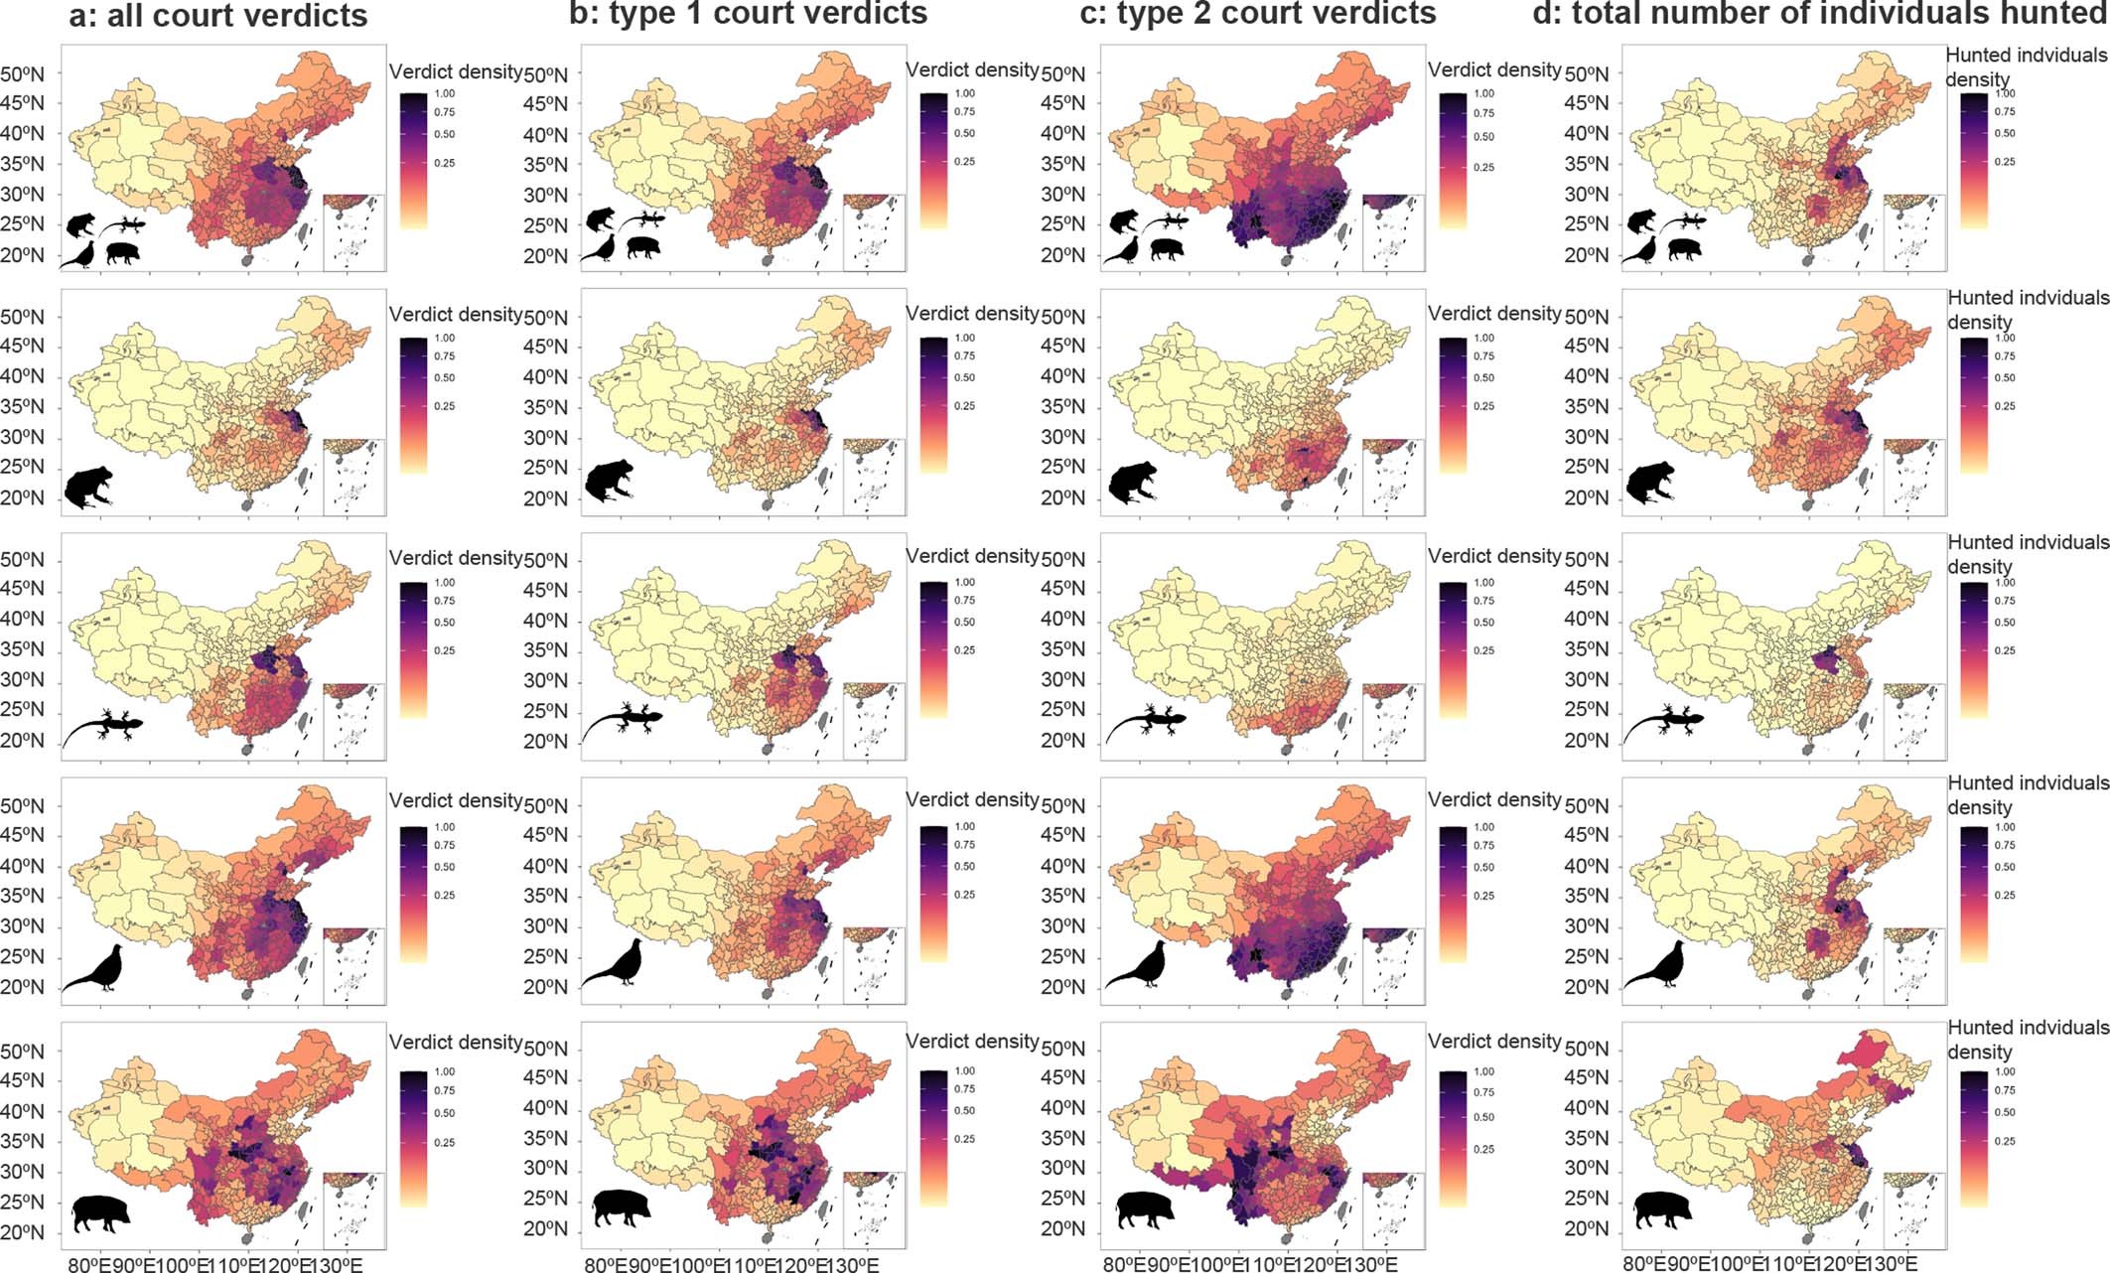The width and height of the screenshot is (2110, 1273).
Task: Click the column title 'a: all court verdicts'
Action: (218, 15)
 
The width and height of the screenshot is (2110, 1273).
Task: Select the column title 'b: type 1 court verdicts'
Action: (748, 13)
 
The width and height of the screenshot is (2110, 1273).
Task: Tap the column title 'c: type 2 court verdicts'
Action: (1257, 13)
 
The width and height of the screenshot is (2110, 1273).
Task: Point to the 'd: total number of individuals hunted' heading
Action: (1819, 13)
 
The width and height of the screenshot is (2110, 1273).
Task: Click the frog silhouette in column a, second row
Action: (88, 488)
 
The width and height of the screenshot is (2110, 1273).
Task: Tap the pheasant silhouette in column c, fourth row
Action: (1138, 965)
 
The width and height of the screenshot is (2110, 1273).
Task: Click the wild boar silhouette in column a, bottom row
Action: (102, 1212)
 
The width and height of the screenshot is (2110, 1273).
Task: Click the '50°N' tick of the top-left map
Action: (22, 73)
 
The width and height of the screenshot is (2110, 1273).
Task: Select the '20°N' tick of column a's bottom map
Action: (22, 1232)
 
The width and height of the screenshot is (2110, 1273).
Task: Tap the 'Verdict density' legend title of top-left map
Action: (455, 71)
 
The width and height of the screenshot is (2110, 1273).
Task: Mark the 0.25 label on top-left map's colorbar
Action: (445, 163)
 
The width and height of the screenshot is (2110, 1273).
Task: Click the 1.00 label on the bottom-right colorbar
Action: (2005, 1072)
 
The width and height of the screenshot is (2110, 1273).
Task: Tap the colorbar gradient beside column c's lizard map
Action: (1453, 650)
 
